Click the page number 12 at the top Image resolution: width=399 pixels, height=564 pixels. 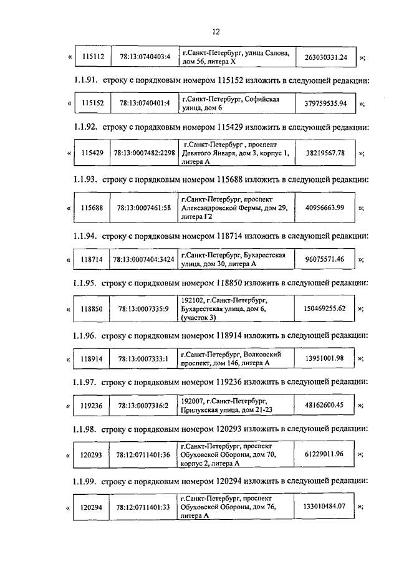[216, 32]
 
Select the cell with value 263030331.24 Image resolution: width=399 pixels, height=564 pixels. [325, 58]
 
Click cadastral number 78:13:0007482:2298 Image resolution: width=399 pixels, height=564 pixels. [145, 153]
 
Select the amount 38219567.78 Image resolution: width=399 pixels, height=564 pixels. [325, 153]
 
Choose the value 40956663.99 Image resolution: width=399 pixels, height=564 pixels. [325, 208]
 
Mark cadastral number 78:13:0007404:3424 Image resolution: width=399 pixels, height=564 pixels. [145, 259]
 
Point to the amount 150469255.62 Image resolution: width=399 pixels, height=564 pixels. [325, 308]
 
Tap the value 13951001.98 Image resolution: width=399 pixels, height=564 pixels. [325, 358]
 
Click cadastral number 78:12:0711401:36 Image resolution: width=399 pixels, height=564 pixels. [145, 455]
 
